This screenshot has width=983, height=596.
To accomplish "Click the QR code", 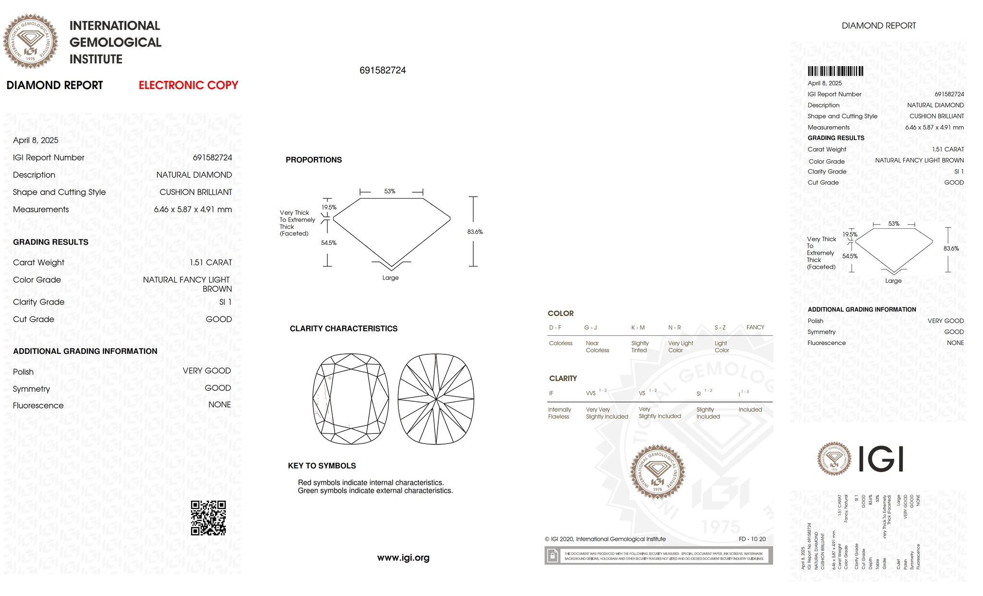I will (x=208, y=518).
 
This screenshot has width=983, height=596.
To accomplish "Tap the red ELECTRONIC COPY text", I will (x=188, y=85).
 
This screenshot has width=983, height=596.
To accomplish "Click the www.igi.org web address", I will (x=403, y=558).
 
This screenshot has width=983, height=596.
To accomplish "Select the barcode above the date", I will (x=835, y=71).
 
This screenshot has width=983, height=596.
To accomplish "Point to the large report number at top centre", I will (x=383, y=70).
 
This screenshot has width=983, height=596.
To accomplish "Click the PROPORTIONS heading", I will (x=313, y=160).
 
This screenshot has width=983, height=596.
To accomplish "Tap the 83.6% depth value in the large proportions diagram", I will (x=475, y=232).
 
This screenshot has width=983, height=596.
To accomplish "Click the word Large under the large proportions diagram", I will (x=390, y=278).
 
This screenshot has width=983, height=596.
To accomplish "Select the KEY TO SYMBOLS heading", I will (x=322, y=466).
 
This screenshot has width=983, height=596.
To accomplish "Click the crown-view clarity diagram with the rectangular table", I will (x=350, y=399).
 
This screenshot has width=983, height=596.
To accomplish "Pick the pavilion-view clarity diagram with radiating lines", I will (x=436, y=399).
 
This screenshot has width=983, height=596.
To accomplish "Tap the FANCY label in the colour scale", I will (x=755, y=327).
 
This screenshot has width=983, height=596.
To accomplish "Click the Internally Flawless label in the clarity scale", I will (x=559, y=413).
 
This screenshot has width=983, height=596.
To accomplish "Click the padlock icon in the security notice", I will (x=552, y=556).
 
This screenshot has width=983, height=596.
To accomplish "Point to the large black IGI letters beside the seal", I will (x=880, y=459).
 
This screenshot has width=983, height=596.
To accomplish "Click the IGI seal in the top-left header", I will (x=31, y=41).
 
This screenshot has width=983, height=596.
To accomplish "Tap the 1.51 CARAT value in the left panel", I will (x=210, y=263).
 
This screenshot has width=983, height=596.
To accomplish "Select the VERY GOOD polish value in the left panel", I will (x=206, y=371).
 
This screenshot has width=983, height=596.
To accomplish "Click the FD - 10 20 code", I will (x=752, y=539).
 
